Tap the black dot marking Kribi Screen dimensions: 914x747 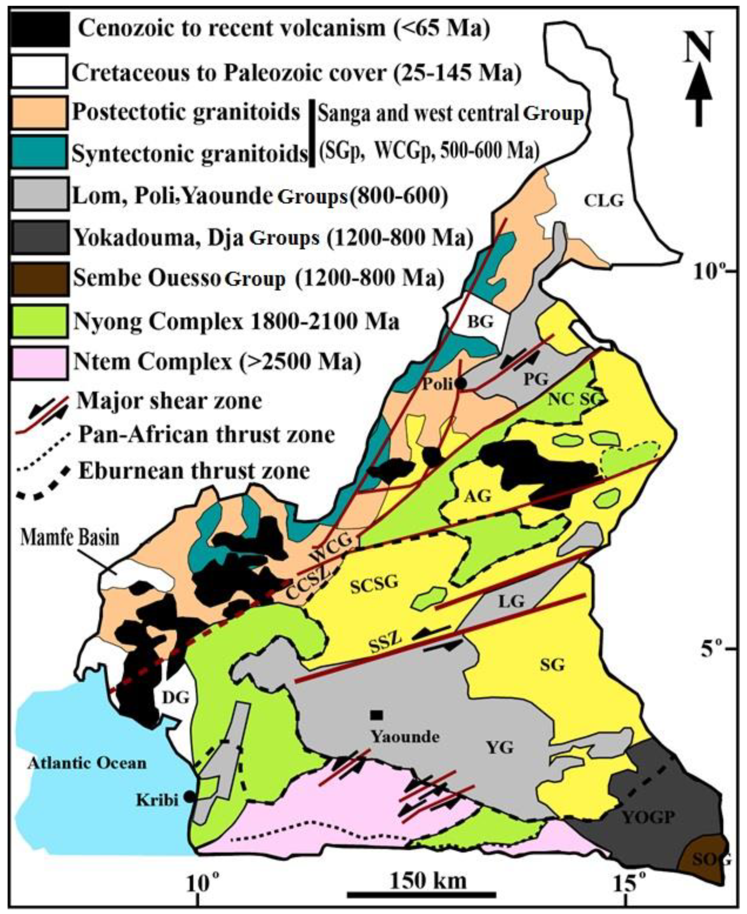click(188, 797)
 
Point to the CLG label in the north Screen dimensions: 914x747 click(604, 201)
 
